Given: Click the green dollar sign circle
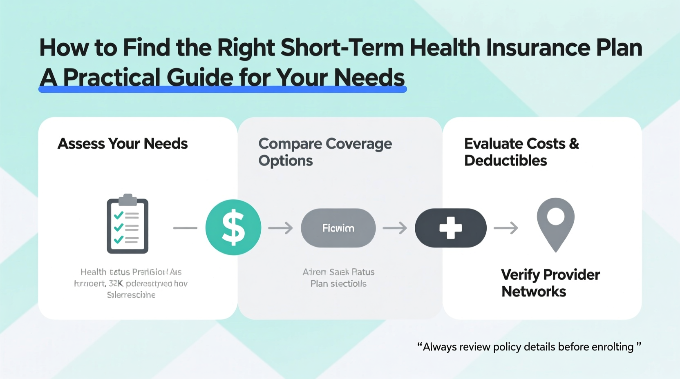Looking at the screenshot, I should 233,227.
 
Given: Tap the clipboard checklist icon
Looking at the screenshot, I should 127,225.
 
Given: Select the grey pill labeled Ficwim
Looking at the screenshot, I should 338,228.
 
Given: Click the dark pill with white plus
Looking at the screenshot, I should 450,228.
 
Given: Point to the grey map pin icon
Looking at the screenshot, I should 555,223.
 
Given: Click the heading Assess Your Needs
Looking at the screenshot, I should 123,144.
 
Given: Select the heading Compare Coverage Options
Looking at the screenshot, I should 325,152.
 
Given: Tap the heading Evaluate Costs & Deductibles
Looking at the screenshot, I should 521,152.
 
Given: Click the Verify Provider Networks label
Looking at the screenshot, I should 550,283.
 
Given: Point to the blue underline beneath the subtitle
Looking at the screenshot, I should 223,89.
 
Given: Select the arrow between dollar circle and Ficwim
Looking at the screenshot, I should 281,228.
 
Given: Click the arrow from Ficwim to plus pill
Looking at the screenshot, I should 395,228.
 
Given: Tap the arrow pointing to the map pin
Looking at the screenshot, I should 506,228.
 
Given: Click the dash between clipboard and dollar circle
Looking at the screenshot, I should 185,228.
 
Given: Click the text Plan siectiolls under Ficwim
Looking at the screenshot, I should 338,284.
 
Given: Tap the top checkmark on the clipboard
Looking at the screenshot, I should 119,215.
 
